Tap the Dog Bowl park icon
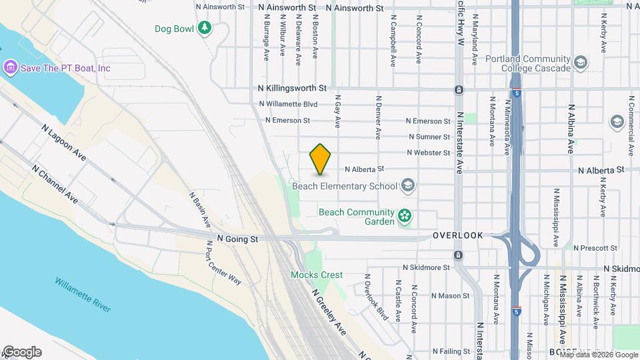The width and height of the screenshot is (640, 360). [206, 28]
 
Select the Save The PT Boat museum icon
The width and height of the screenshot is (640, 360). [10, 67]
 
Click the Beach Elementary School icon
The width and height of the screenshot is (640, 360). [407, 186]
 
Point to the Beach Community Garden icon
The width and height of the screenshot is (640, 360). [403, 216]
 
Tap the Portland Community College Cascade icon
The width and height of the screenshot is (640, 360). [580, 63]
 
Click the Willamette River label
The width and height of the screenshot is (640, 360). [83, 295]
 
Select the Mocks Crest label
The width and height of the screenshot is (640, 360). [317, 275]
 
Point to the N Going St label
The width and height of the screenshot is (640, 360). [237, 239]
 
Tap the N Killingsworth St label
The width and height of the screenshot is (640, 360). [293, 88]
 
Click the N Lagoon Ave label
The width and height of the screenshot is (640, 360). [63, 142]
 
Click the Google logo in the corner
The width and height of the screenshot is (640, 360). [22, 352]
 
